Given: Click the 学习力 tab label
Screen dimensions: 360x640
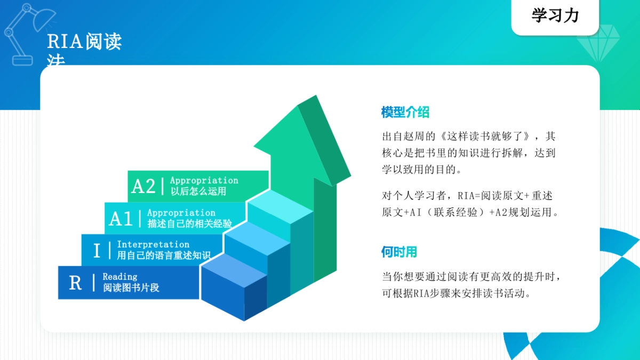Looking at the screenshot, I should (x=555, y=15).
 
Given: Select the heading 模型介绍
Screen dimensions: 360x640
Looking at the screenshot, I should (x=405, y=113).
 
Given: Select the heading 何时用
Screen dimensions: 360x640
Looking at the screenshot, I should (x=399, y=252).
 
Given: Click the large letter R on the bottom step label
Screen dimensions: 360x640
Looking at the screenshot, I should (x=75, y=283).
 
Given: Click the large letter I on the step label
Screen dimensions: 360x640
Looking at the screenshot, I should (x=97, y=251).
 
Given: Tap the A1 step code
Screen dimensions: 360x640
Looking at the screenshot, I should (x=121, y=219).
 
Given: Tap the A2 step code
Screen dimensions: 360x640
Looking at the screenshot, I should (x=143, y=187).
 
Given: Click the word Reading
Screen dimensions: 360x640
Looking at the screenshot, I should (x=120, y=277).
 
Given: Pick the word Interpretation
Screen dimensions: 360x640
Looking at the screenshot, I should (x=153, y=245).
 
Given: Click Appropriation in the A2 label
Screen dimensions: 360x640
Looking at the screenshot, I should (x=204, y=181).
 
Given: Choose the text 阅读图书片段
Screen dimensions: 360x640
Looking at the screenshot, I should (x=131, y=288).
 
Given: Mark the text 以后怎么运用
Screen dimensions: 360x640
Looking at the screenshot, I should (x=198, y=191).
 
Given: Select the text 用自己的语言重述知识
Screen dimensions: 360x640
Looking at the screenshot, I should (x=163, y=255).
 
